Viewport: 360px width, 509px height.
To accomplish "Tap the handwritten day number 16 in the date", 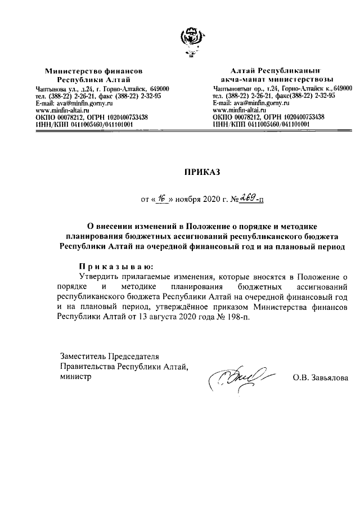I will point(162,199).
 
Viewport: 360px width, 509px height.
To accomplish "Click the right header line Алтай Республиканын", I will point(275,71).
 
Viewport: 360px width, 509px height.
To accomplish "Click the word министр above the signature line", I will point(75,377).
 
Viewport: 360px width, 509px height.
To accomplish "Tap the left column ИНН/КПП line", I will point(84,125).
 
